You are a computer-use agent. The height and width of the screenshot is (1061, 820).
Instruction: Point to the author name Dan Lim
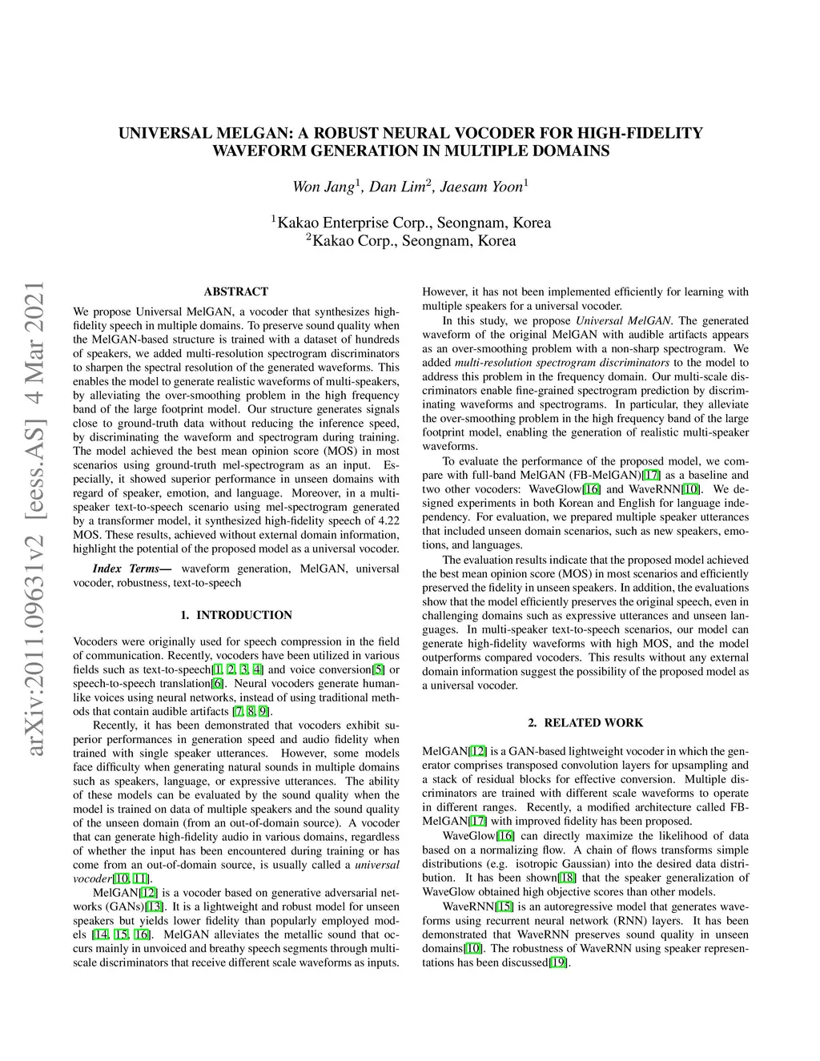pyautogui.click(x=398, y=187)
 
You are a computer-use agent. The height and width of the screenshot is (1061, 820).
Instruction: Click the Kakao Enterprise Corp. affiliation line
pyautogui.click(x=410, y=223)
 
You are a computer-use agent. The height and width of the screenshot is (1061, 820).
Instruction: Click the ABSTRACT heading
pyautogui.click(x=236, y=291)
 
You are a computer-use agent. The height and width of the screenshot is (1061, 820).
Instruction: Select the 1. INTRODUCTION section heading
pyautogui.click(x=236, y=615)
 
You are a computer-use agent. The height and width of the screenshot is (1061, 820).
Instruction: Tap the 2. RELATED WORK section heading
pyautogui.click(x=585, y=722)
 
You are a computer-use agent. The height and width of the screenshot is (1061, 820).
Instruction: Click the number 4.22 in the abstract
pyautogui.click(x=388, y=520)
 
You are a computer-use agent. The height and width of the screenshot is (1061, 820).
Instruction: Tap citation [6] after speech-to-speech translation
pyautogui.click(x=217, y=683)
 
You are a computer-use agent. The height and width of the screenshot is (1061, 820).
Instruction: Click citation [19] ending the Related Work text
pyautogui.click(x=558, y=962)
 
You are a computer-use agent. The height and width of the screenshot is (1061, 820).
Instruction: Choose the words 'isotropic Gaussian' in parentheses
pyautogui.click(x=533, y=864)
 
